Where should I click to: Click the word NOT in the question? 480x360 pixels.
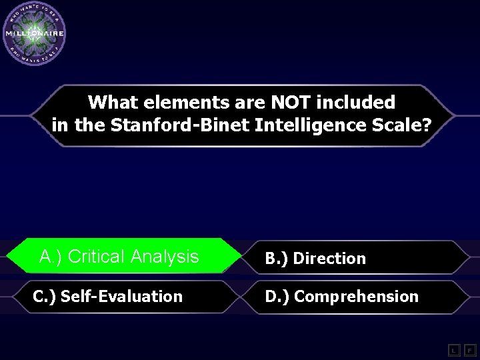pyautogui.click(x=288, y=103)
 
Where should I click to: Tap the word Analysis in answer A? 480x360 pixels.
pyautogui.click(x=165, y=257)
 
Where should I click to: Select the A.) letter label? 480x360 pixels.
pyautogui.click(x=51, y=257)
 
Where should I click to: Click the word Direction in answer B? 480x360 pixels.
pyautogui.click(x=329, y=259)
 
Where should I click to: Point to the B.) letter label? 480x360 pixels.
pyautogui.click(x=277, y=259)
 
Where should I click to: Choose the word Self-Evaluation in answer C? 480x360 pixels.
pyautogui.click(x=121, y=297)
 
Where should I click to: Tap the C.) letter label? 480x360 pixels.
pyautogui.click(x=44, y=297)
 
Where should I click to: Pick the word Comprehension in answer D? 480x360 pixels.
pyautogui.click(x=356, y=297)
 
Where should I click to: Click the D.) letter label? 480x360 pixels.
pyautogui.click(x=277, y=297)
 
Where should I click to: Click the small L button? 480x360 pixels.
pyautogui.click(x=453, y=349)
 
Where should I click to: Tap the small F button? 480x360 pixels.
pyautogui.click(x=469, y=349)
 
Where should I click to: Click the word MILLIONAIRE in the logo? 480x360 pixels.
pyautogui.click(x=34, y=33)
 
